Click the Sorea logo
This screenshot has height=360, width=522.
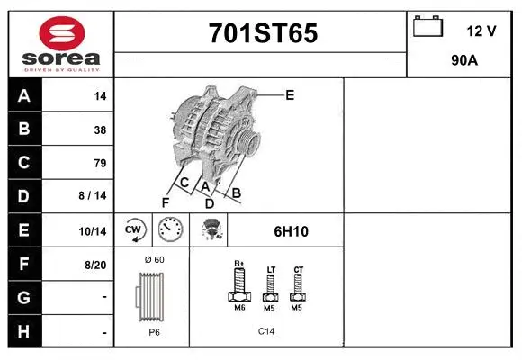click(x=60, y=43)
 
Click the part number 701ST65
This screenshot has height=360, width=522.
click(x=263, y=34)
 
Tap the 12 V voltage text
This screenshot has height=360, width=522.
click(x=481, y=31)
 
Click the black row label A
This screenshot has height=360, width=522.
click(x=24, y=96)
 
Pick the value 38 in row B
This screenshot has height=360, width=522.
click(x=100, y=130)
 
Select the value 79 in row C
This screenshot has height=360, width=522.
click(x=100, y=163)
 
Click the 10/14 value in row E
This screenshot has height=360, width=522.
click(x=94, y=231)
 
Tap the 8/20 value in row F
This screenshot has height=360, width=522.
click(x=94, y=265)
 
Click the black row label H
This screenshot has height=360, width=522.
click(x=24, y=332)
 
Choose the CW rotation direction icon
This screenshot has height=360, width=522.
click(x=134, y=230)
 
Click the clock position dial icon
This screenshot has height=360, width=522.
click(x=170, y=230)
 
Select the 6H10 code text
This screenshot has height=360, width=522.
click(x=292, y=231)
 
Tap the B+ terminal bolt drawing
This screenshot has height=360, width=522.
click(x=239, y=285)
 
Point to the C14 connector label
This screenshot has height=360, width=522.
click(x=266, y=331)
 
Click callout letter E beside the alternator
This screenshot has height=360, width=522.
click(x=289, y=94)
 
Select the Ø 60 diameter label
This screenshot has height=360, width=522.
click(x=153, y=260)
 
